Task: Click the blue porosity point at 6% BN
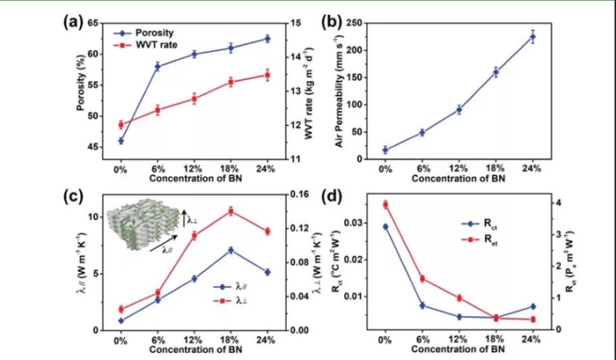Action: point(158,66)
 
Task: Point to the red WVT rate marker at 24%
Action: point(268,75)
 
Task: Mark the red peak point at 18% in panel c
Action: point(231,210)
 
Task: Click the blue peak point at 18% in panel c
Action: point(231,250)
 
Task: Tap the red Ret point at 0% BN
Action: point(385,204)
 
